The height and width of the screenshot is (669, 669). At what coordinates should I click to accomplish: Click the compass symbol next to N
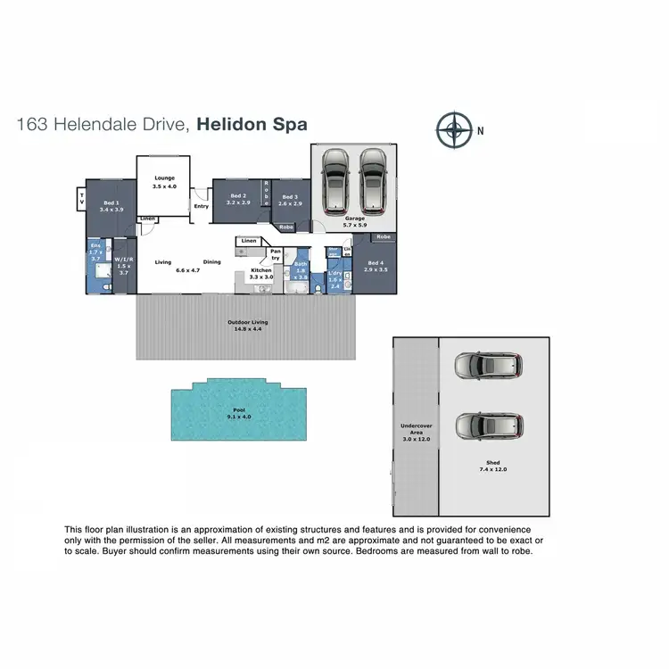click(x=455, y=130)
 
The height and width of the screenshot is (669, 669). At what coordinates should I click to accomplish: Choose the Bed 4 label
click(x=375, y=264)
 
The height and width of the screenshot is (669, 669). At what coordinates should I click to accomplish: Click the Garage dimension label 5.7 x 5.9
click(x=355, y=226)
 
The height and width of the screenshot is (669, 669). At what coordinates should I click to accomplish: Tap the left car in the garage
click(x=335, y=177)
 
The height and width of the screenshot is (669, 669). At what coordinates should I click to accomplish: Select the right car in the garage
click(x=373, y=177)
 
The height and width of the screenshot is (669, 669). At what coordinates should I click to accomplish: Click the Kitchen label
click(x=260, y=270)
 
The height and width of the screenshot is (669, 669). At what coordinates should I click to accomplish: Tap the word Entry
click(x=201, y=206)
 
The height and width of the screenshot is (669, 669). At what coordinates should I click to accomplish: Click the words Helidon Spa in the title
click(x=252, y=125)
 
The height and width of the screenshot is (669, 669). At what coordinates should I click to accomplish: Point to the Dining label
click(x=211, y=262)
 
